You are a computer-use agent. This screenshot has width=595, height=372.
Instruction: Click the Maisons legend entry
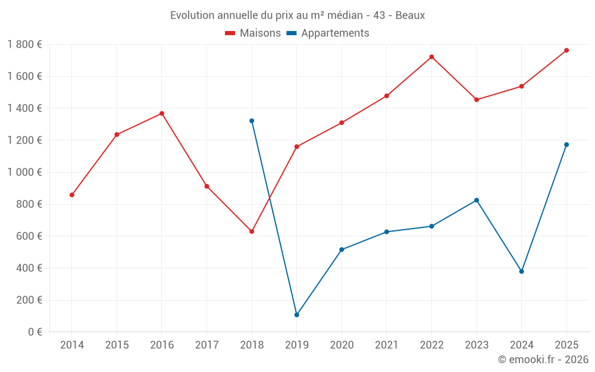[253, 33]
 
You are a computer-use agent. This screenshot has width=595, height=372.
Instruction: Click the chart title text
[297, 15]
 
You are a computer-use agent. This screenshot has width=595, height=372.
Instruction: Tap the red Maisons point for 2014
[72, 195]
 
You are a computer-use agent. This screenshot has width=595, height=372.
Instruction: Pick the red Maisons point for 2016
[162, 114]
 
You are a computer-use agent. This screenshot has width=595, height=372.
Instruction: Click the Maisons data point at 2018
[252, 232]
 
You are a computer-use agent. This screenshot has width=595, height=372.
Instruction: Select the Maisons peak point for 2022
[431, 57]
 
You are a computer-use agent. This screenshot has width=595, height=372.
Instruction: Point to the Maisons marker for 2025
[566, 51]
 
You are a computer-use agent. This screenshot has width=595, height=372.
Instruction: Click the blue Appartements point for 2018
[252, 121]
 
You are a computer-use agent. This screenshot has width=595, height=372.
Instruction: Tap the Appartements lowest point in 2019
[296, 315]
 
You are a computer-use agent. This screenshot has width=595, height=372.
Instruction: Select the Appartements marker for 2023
[477, 200]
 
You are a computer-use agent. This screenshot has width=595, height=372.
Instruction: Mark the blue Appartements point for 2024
[521, 271]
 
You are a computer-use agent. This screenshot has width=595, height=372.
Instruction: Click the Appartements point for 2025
[566, 145]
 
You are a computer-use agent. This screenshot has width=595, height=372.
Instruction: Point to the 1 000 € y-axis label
[24, 172]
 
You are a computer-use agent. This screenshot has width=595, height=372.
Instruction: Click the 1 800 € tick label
[24, 44]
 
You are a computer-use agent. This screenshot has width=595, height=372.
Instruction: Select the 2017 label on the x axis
[206, 345]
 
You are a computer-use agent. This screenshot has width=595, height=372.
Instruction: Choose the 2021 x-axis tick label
[386, 345]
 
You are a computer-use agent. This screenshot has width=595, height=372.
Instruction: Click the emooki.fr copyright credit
[543, 360]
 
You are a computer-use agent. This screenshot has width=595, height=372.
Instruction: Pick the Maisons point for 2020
[342, 123]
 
